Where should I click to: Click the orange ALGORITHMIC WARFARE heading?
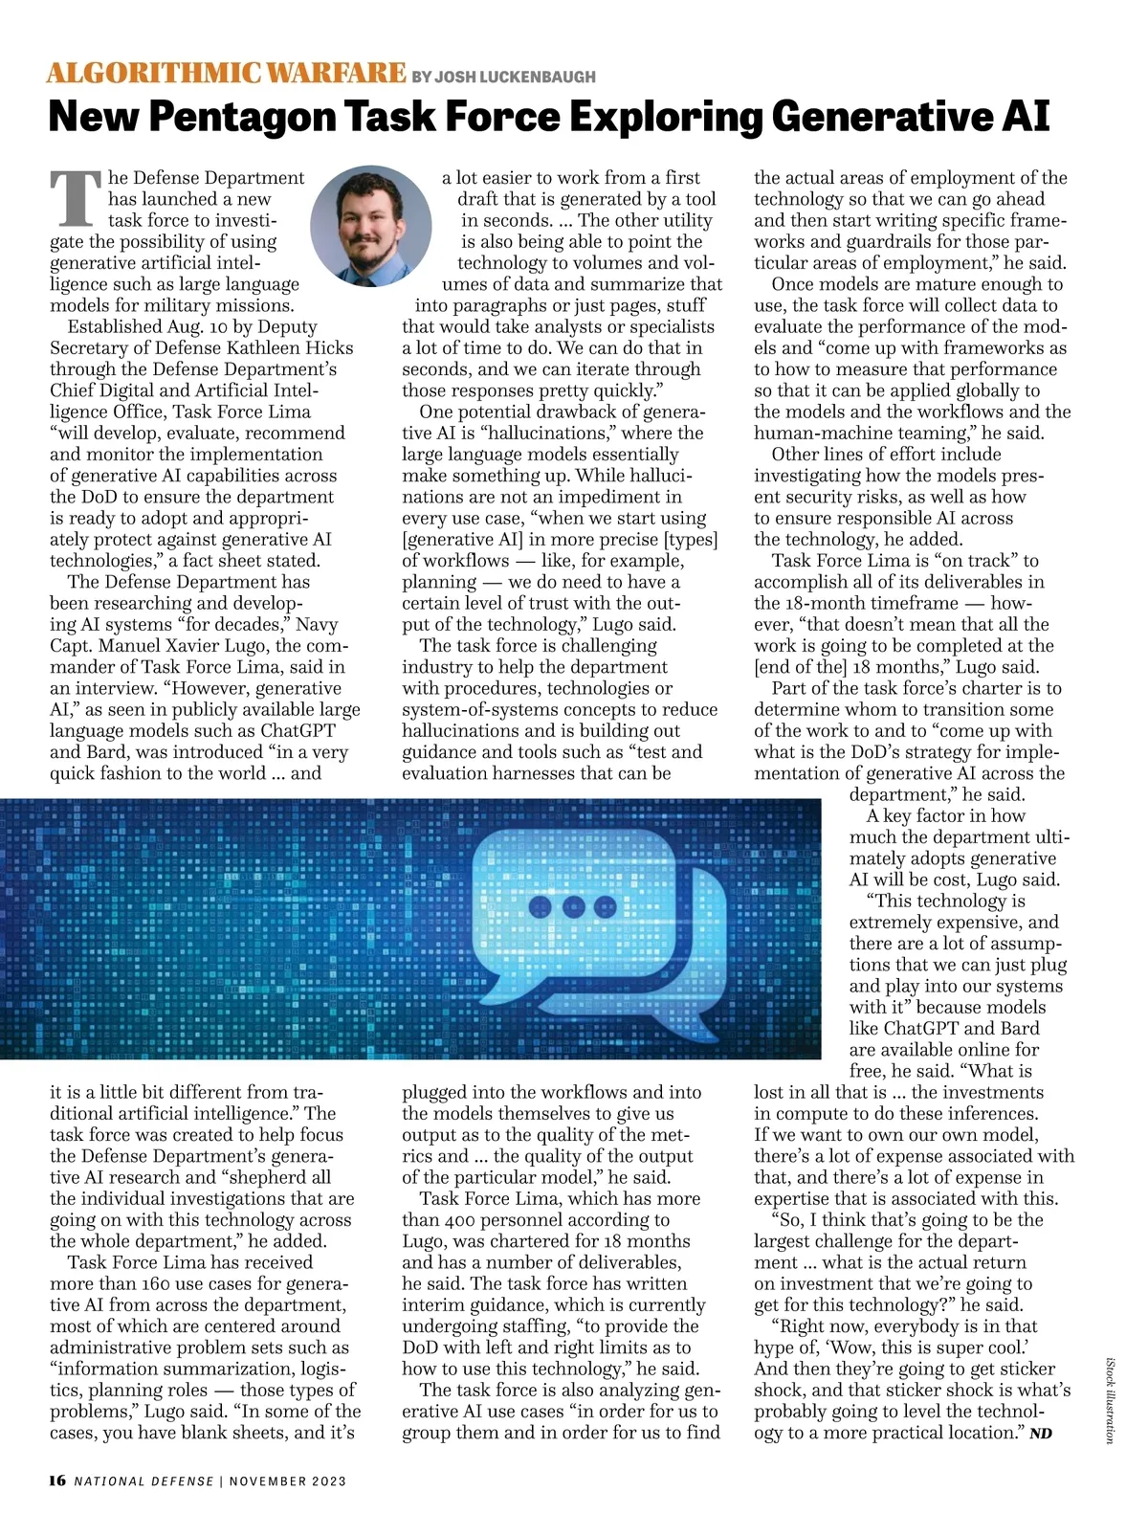227,73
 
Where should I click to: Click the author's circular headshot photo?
370,226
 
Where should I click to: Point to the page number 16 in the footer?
57,1481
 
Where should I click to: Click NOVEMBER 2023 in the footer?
287,1481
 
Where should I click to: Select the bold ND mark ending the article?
1041,1434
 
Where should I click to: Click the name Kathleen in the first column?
267,347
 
